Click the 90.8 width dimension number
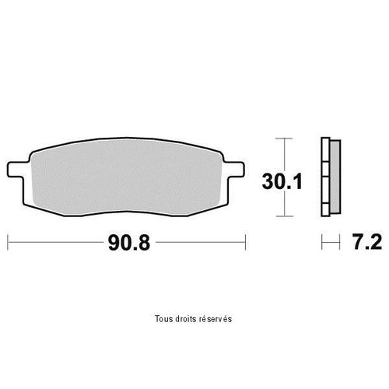point(129,243)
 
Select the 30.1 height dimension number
point(282,181)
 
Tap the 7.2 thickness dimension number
point(367,242)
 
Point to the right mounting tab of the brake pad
point(234,170)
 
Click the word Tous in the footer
point(162,319)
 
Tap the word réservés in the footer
point(216,319)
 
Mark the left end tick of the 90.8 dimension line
point(8,243)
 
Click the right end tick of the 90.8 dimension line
point(245,243)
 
